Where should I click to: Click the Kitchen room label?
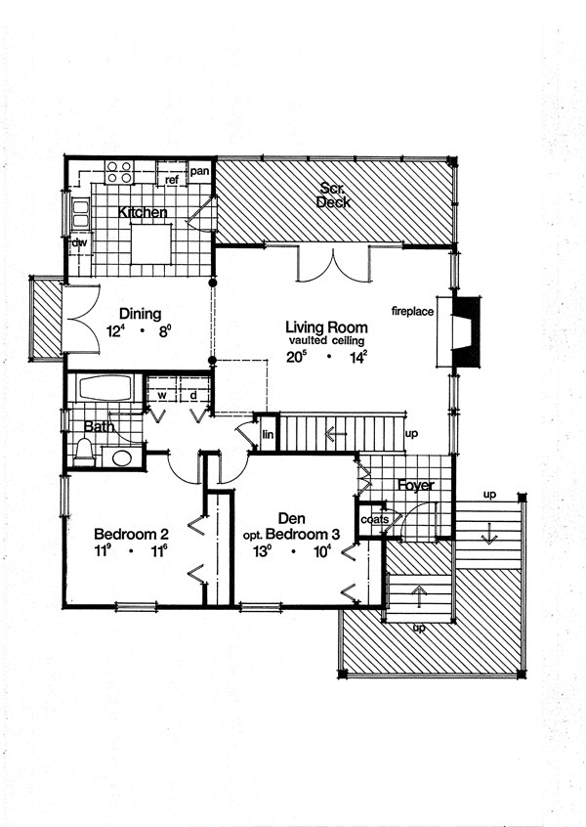[143, 212]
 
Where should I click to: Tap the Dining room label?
[140, 314]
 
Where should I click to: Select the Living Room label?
[326, 326]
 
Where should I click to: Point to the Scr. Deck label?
[334, 195]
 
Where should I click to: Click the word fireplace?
[413, 312]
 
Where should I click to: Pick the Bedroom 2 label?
[132, 535]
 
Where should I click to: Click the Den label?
[292, 519]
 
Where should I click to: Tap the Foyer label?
[415, 486]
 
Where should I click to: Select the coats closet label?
[374, 520]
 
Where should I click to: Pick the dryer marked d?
[193, 394]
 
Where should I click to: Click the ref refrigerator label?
[171, 180]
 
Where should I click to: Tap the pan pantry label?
[199, 171]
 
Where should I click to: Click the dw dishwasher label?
[76, 242]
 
